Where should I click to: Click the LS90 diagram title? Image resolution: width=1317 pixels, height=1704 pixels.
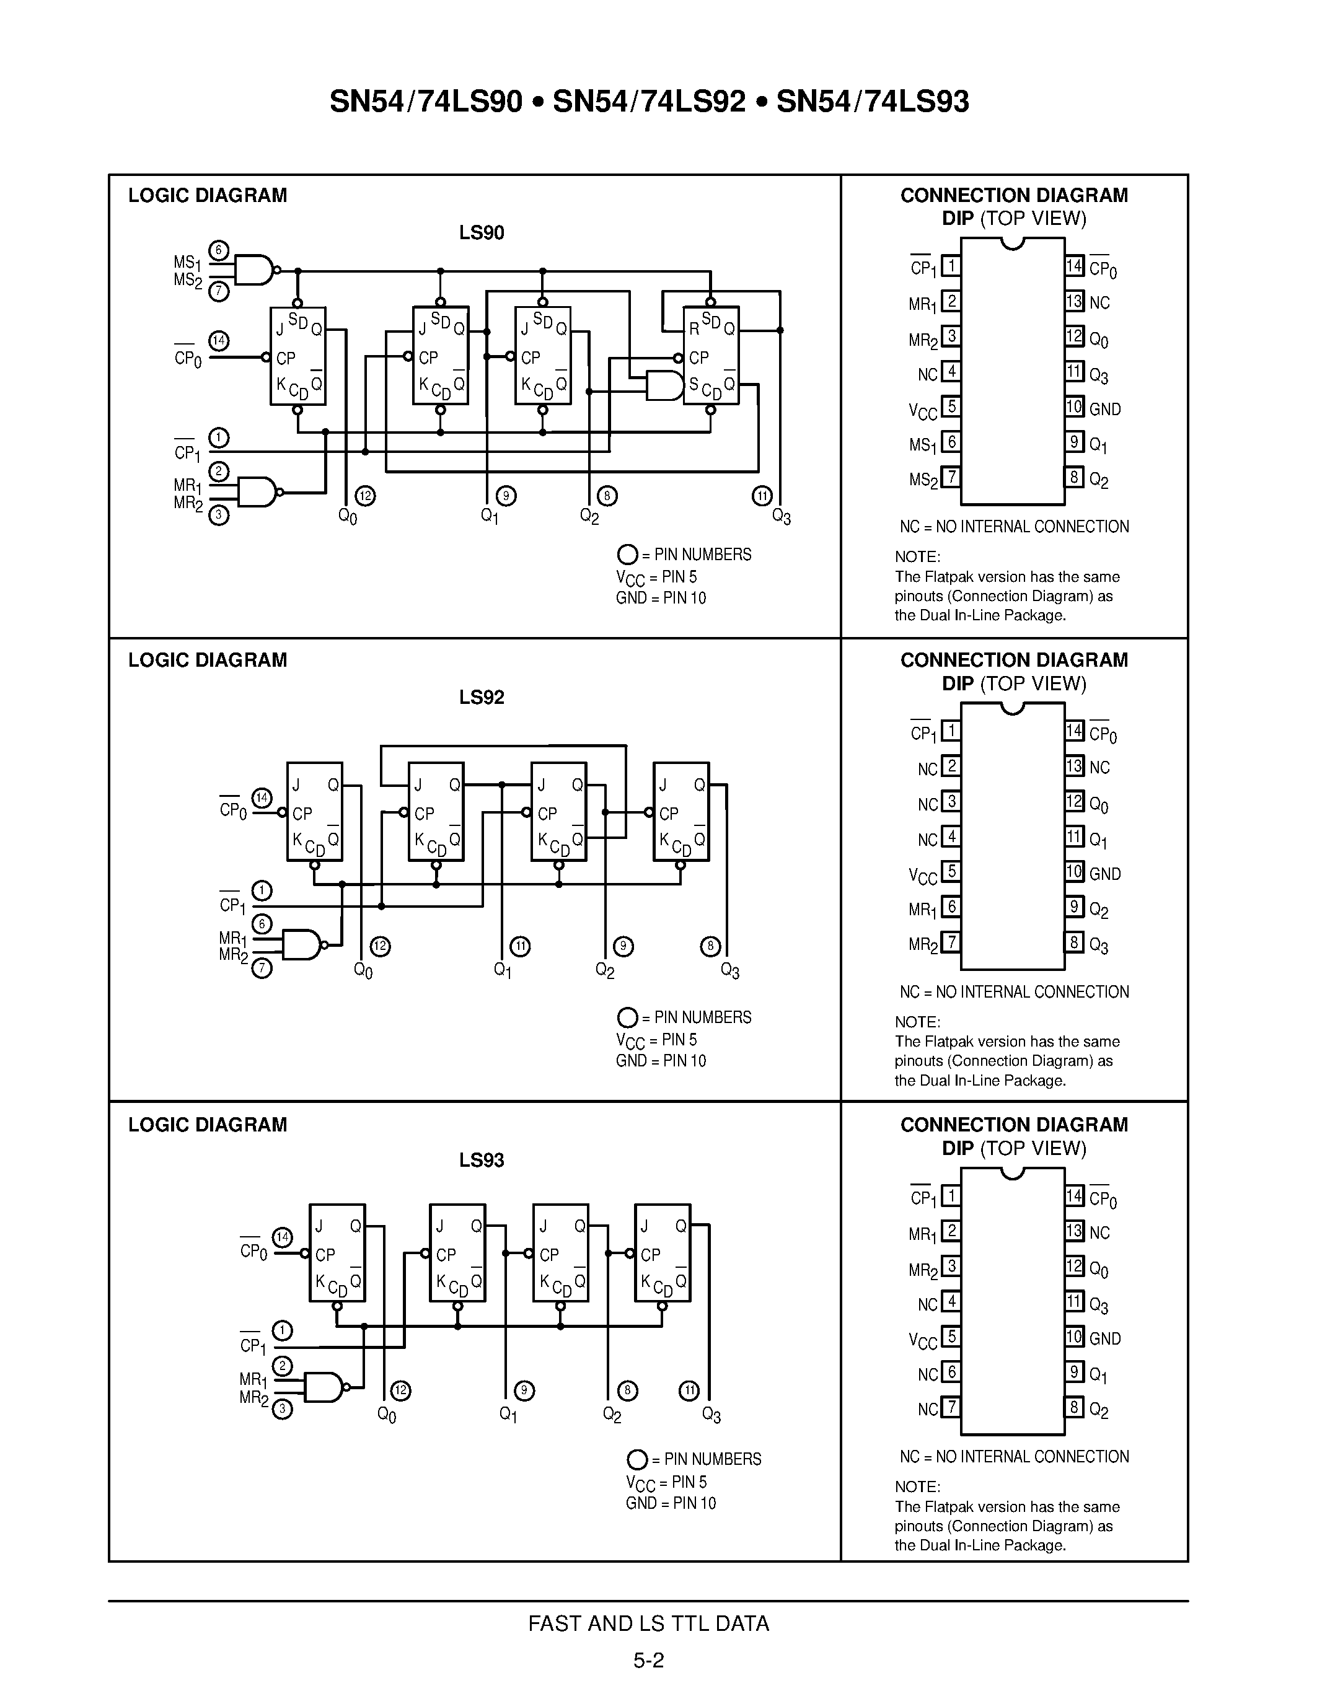tap(482, 233)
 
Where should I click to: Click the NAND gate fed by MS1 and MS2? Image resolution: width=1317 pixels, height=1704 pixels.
tap(254, 270)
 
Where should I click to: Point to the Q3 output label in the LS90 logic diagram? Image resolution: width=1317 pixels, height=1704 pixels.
tap(781, 517)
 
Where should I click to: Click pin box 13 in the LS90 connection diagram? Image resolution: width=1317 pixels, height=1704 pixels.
tap(1074, 301)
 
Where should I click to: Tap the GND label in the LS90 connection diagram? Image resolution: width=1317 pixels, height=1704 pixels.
tap(1105, 409)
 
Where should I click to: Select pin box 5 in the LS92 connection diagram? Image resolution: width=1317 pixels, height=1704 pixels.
tap(950, 871)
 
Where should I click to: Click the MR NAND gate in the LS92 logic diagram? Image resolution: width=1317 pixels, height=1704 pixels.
tap(301, 944)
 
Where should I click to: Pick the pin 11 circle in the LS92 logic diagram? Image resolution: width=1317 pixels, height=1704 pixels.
tap(521, 946)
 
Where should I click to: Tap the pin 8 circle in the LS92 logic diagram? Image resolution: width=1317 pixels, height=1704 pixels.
tap(710, 946)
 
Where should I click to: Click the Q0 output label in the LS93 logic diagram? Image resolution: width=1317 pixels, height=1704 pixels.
tap(386, 1415)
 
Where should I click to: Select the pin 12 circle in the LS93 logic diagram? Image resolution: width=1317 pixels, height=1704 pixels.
tap(400, 1390)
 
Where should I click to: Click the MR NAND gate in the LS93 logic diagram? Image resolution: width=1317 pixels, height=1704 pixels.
tap(323, 1387)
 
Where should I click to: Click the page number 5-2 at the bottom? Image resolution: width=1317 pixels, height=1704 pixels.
tap(648, 1659)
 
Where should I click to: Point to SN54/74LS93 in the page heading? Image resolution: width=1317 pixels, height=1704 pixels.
tap(872, 102)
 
